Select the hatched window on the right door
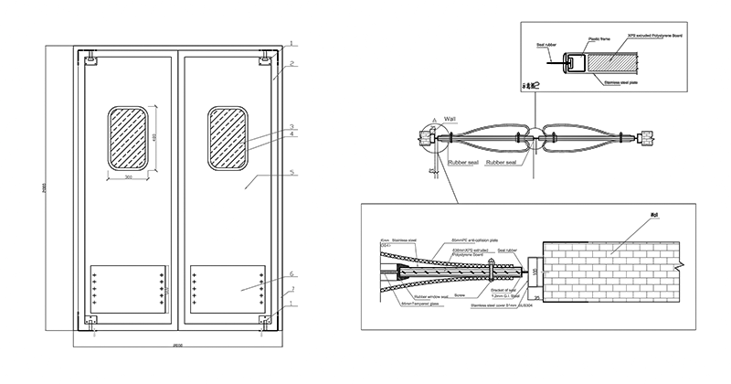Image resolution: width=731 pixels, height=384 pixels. [x=228, y=138]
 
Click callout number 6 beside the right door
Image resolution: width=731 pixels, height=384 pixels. [x=291, y=274]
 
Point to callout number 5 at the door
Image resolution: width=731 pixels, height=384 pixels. [x=291, y=171]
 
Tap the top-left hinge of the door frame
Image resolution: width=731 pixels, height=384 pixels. [x=92, y=62]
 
